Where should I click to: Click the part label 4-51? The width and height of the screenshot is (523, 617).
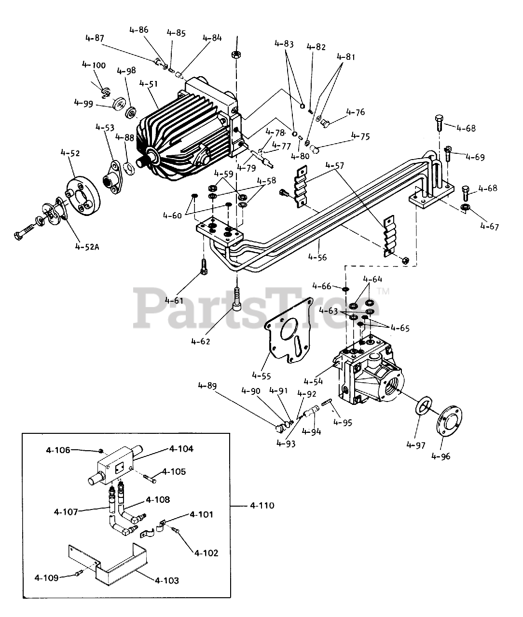tap(148, 84)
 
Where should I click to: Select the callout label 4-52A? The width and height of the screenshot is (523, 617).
tap(87, 247)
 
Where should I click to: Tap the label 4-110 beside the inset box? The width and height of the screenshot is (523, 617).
tap(262, 506)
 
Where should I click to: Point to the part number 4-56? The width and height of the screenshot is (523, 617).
tap(317, 257)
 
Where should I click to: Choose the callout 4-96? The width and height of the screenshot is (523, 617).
tap(441, 456)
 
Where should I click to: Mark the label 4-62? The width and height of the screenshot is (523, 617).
tap(201, 341)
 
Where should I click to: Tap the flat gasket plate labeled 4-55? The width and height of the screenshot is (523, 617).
tap(288, 331)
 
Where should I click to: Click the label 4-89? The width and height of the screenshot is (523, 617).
tap(207, 386)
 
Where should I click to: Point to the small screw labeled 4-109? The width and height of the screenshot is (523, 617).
tap(79, 573)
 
